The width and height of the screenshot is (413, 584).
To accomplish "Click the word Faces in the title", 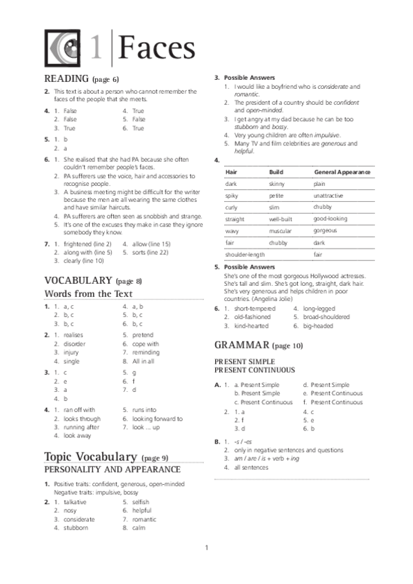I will click(x=157, y=48).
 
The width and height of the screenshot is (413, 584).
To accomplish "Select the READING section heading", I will click(x=66, y=79).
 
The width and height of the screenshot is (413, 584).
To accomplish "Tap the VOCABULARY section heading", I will click(x=78, y=280).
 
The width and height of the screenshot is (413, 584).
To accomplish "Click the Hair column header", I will click(x=231, y=172).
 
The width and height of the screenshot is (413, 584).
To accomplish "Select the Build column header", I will click(x=276, y=172).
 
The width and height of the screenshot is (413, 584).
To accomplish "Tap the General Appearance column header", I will click(x=342, y=172).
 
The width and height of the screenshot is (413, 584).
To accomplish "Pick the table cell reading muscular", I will click(x=280, y=231).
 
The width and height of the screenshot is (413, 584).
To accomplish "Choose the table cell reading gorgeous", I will click(x=325, y=231).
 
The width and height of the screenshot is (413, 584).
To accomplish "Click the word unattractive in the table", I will click(x=329, y=196).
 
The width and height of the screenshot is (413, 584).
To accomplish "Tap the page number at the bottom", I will click(x=206, y=548).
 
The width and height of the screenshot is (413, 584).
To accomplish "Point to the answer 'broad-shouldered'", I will click(x=326, y=317).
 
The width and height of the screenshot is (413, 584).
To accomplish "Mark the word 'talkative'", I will click(x=75, y=502).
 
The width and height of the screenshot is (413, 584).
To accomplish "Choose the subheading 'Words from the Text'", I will click(x=88, y=294).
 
